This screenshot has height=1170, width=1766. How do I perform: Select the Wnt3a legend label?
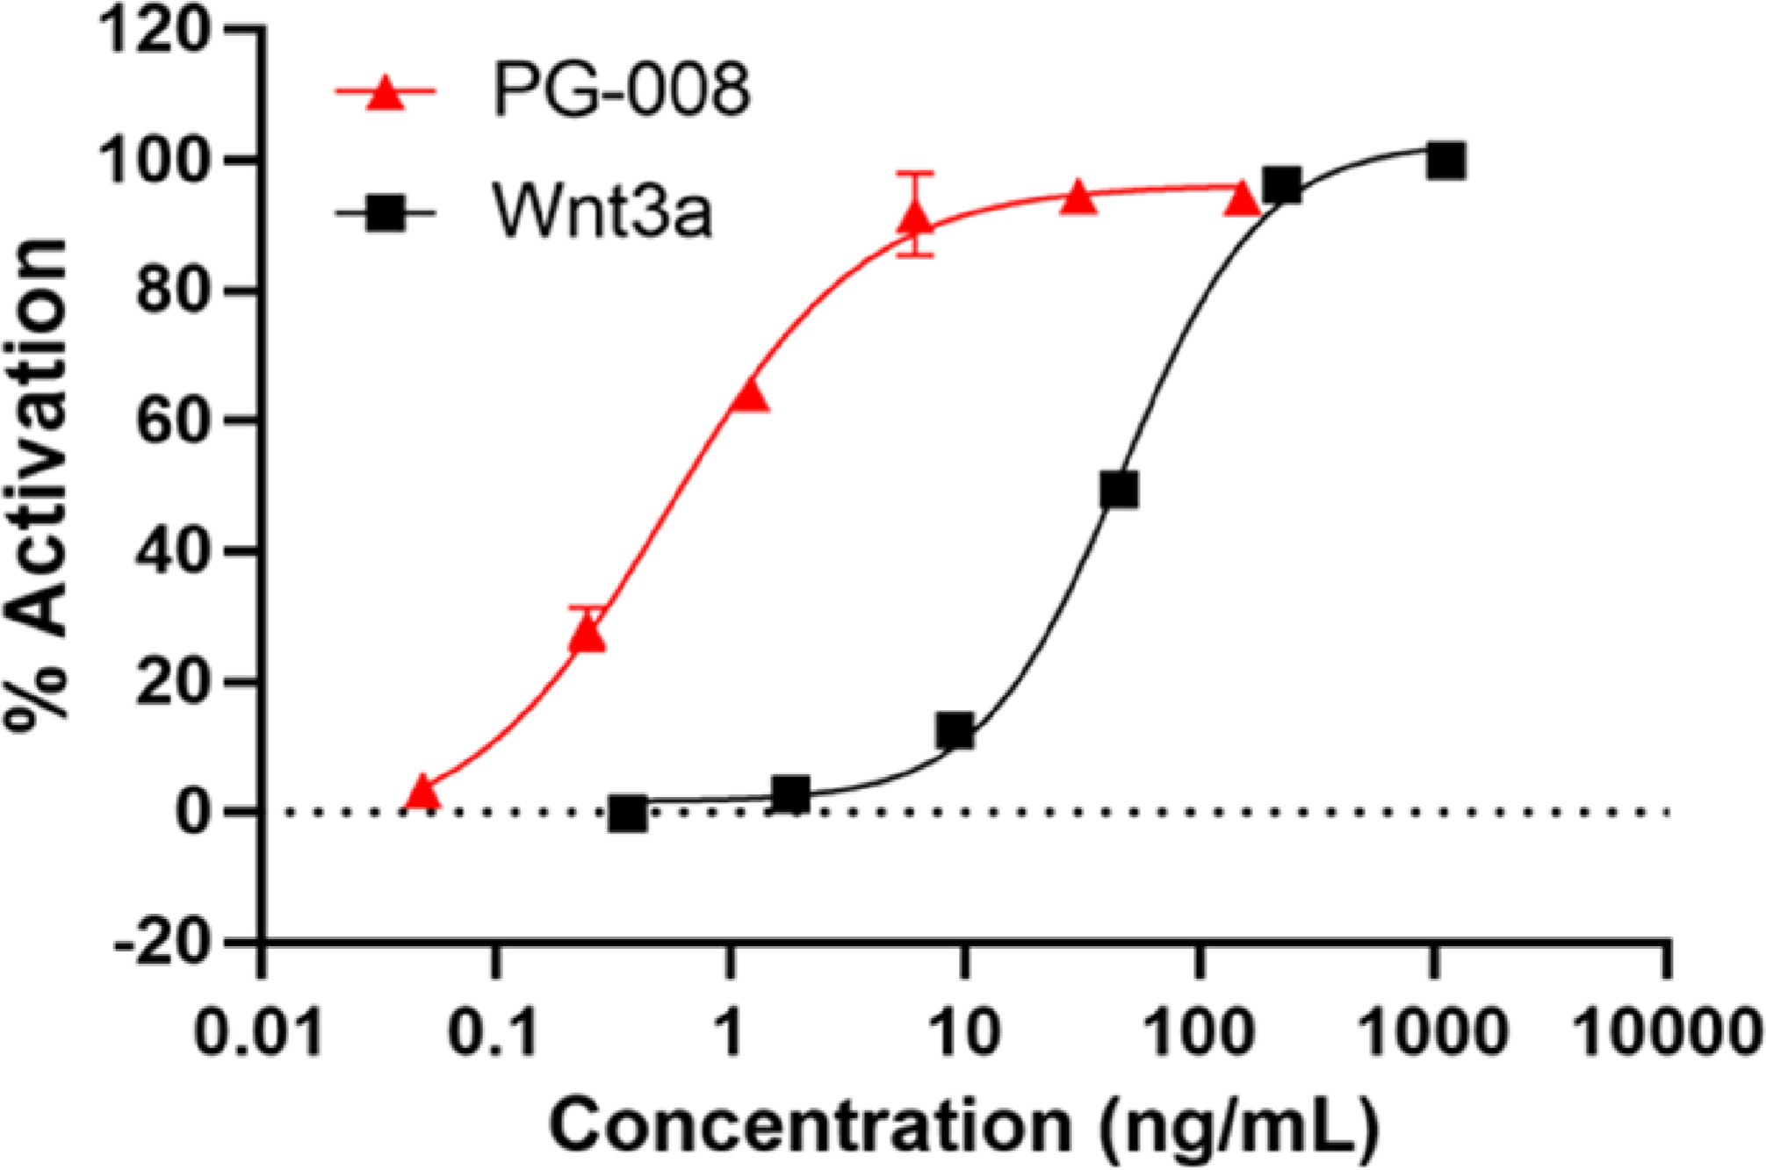602,211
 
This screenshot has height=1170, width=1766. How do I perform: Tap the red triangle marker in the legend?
386,91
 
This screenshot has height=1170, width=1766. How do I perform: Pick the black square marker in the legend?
386,212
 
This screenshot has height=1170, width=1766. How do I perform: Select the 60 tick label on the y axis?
174,421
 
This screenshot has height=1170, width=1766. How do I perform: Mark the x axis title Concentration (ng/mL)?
963,1124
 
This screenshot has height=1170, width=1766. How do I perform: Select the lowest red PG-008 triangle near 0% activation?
423,792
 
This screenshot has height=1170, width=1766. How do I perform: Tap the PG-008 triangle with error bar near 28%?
587,634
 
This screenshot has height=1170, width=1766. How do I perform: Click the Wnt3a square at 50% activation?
1119,490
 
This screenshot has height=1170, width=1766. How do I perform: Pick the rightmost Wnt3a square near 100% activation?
1445,162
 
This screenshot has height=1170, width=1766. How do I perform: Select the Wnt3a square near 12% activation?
955,730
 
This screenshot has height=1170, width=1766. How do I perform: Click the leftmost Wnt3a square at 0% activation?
629,814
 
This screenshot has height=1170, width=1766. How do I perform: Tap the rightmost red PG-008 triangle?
1242,200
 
